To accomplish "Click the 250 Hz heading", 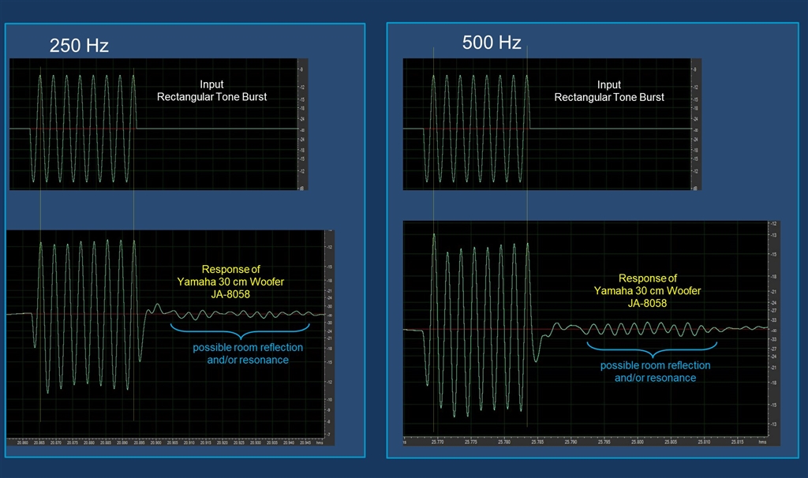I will tap(79, 46).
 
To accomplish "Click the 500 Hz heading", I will tap(492, 43).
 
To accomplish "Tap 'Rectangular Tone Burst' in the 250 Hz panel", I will tap(211, 97).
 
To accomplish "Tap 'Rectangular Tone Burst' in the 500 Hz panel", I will tap(609, 97).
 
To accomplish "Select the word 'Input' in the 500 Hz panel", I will tap(609, 84).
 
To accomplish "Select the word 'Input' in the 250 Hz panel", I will tap(211, 84).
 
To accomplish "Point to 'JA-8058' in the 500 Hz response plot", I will tap(647, 303).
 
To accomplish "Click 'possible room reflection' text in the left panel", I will tap(249, 348).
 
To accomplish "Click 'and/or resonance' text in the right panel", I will tap(655, 378).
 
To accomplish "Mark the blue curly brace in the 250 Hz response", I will tap(240, 328).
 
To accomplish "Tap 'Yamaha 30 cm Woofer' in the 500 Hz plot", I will tap(647, 290).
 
